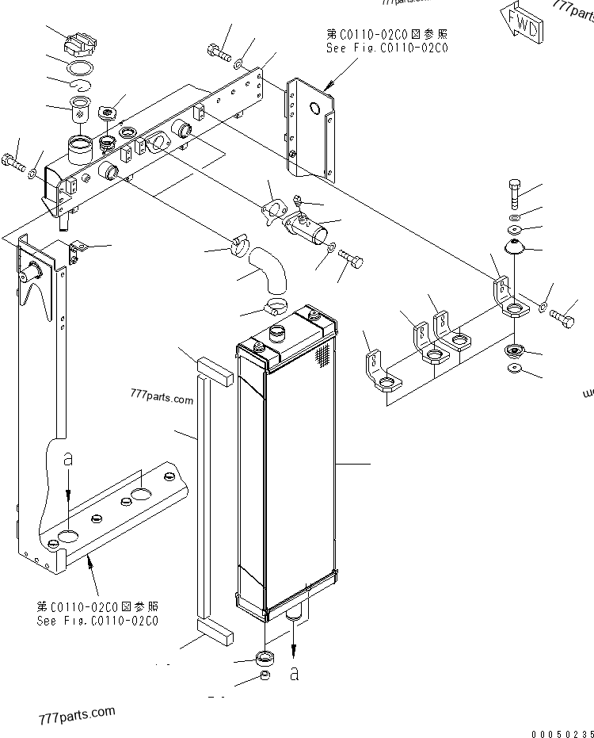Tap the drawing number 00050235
click(562, 732)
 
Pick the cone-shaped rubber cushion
click(517, 247)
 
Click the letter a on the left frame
click(68, 458)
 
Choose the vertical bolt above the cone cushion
click(513, 193)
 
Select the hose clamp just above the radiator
click(276, 305)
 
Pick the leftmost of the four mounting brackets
click(378, 372)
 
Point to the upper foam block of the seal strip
click(215, 370)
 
